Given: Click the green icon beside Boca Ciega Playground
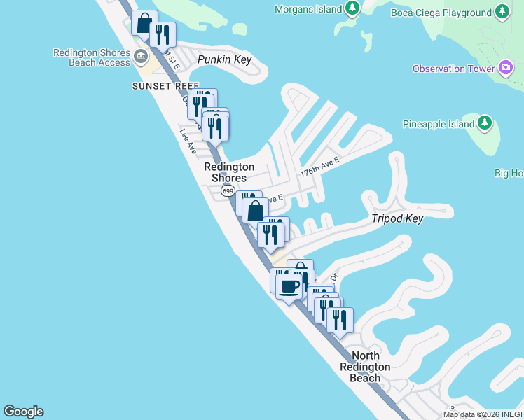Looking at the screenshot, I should pos(502,13).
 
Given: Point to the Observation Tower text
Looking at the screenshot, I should pos(449,69).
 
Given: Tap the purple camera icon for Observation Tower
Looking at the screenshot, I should pos(506,68).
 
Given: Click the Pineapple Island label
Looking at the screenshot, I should pos(436,124).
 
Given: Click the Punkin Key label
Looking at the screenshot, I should pos(224,59).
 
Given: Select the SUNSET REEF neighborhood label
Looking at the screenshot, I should pos(160,86).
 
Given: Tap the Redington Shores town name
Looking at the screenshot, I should pos(229,172).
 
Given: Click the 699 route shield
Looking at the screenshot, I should pos(228,190).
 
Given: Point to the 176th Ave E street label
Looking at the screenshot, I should pos(319,167).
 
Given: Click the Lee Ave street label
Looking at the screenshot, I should pos(188,141).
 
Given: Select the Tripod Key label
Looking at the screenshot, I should pos(397,218).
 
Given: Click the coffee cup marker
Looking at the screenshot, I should pos(289,286).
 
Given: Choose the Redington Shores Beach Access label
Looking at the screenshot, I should pos(91,57).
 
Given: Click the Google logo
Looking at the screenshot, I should pos(23,412).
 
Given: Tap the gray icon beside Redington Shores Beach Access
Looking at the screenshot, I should pos(141,56).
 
